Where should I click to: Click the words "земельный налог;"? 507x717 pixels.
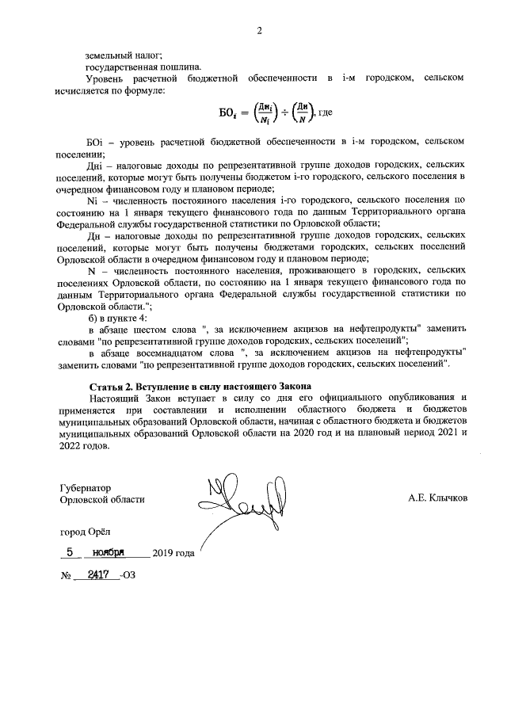[x=124, y=55]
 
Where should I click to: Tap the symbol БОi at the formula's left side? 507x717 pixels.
[x=230, y=113]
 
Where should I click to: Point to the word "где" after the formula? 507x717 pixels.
[x=326, y=113]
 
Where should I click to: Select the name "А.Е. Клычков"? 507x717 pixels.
[x=438, y=498]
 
